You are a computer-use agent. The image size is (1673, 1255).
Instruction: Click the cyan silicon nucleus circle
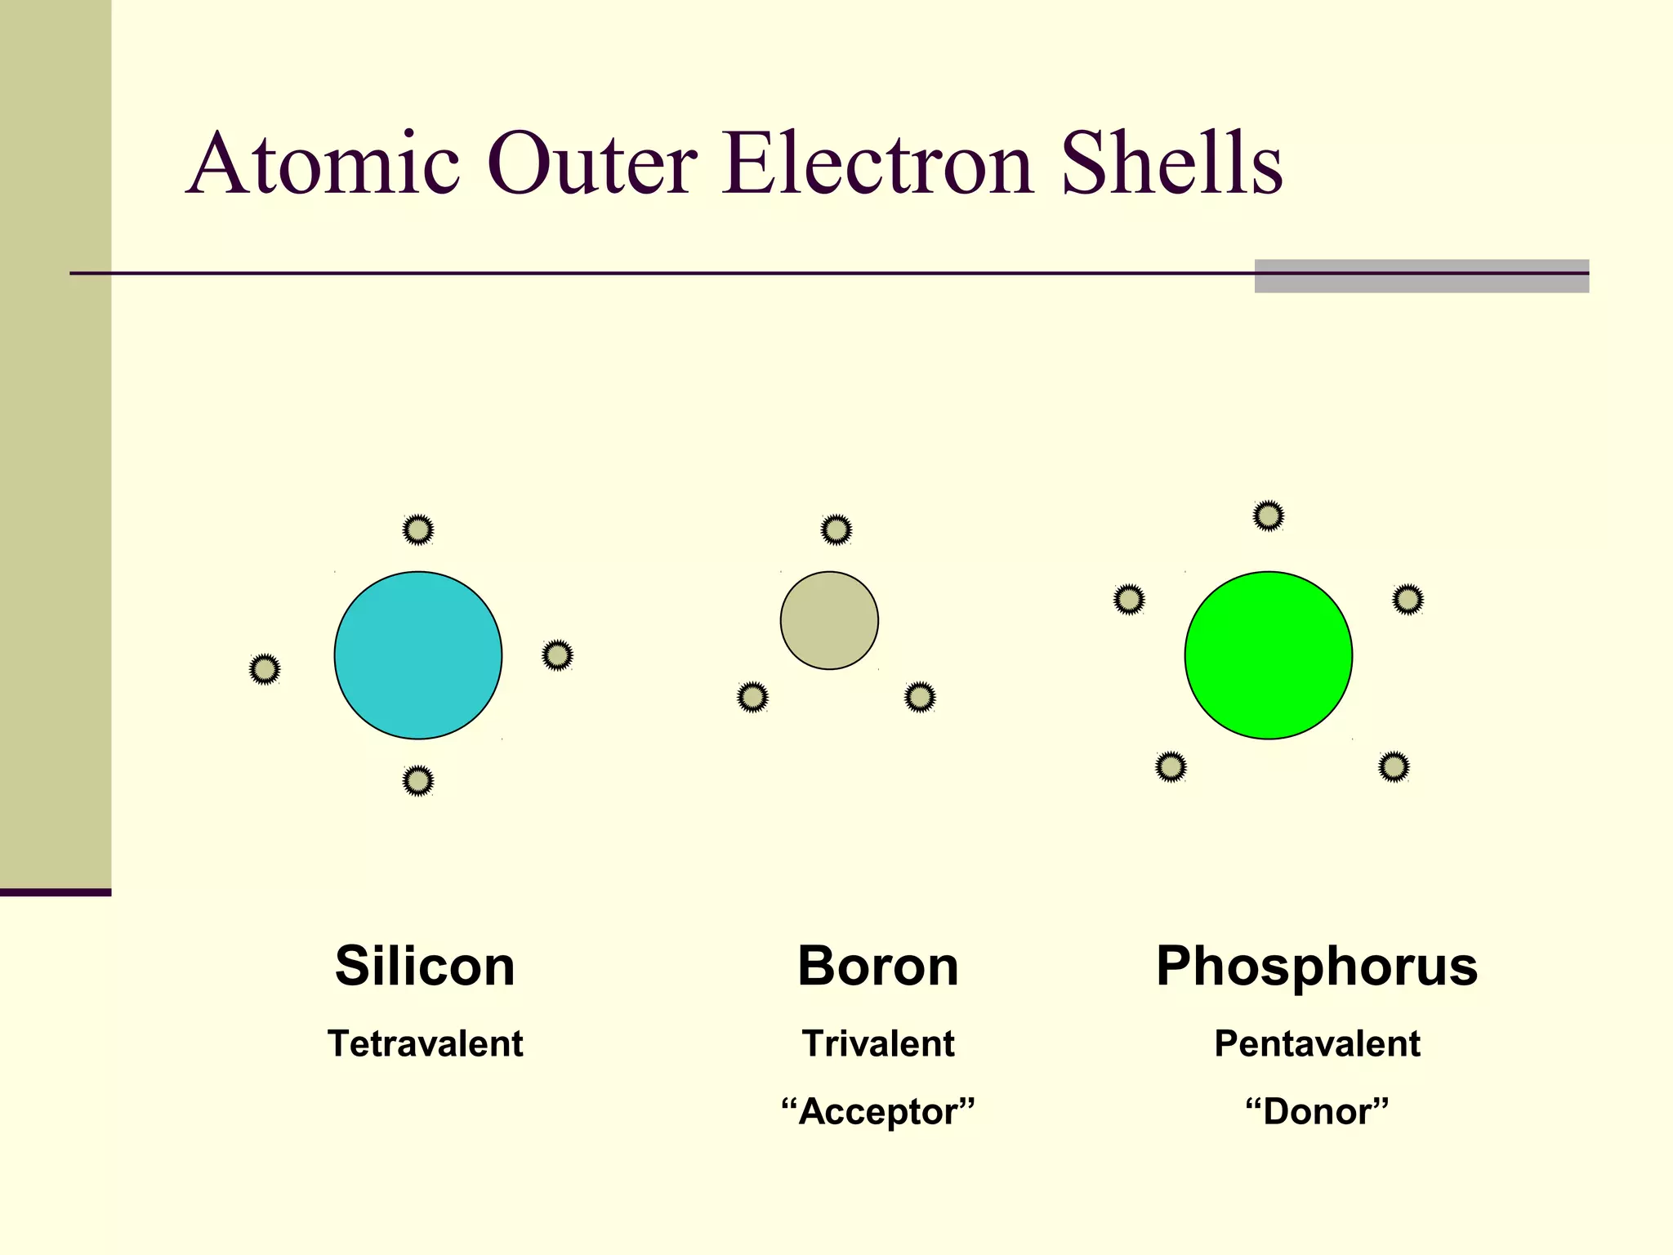pos(418,655)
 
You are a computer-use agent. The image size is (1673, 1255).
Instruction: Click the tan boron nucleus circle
pos(829,620)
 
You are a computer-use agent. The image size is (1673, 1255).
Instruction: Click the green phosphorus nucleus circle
pos(1268,655)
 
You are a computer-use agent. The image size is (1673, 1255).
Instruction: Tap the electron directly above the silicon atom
pos(418,529)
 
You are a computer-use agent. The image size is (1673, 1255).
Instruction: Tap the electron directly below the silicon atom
pos(418,781)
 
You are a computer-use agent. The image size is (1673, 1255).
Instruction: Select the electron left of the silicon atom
pos(265,669)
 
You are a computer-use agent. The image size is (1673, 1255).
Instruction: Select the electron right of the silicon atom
pos(557,655)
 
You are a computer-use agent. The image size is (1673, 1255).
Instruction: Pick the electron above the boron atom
pos(836,529)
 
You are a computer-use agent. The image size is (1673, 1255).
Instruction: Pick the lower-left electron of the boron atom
pos(752,697)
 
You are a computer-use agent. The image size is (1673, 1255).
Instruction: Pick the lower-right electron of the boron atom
pos(920,697)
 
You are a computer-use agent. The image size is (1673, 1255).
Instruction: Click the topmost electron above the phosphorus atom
pos(1268,516)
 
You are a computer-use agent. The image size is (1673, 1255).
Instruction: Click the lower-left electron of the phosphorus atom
pos(1171,766)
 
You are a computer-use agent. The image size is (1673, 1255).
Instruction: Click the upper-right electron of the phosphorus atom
pos(1408,600)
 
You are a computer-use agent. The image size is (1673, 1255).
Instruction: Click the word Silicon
pos(425,966)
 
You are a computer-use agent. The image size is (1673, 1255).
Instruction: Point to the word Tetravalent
pos(425,1043)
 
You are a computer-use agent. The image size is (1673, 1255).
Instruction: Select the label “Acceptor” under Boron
pos(878,1111)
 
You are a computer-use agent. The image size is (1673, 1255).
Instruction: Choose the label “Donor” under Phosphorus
pos(1317,1111)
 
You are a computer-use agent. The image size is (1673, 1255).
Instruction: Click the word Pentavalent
pos(1317,1043)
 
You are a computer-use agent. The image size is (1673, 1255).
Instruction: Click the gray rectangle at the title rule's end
pos(1421,276)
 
